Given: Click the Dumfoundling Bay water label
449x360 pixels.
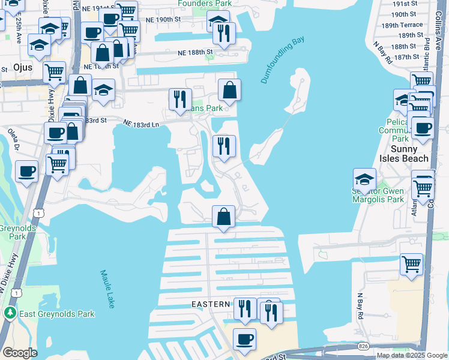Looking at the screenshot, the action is click(x=282, y=59).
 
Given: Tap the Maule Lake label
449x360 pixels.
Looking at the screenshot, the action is click(x=107, y=289).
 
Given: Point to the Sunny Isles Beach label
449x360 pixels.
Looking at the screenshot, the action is click(x=410, y=154).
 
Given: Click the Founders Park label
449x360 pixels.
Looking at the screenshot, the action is click(x=205, y=4).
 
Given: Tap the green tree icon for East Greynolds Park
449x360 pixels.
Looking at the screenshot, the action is click(x=10, y=313).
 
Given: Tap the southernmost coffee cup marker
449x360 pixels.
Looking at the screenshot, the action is click(x=244, y=339).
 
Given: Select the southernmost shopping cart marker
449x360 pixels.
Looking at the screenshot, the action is click(x=412, y=263).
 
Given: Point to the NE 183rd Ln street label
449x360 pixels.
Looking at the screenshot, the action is click(x=141, y=124).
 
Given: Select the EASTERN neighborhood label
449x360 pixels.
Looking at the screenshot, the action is click(x=211, y=304).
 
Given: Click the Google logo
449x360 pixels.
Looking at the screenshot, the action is click(x=20, y=352).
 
